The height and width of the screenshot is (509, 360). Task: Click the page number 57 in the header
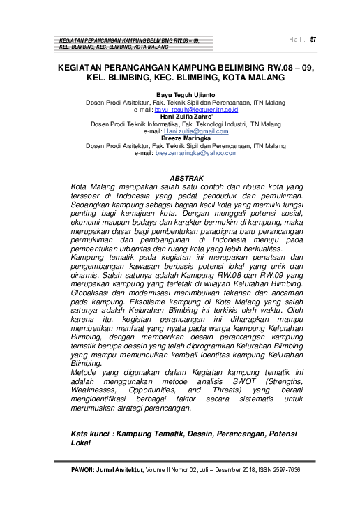(313, 40)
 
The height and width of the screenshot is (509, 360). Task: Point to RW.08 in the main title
(266, 68)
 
